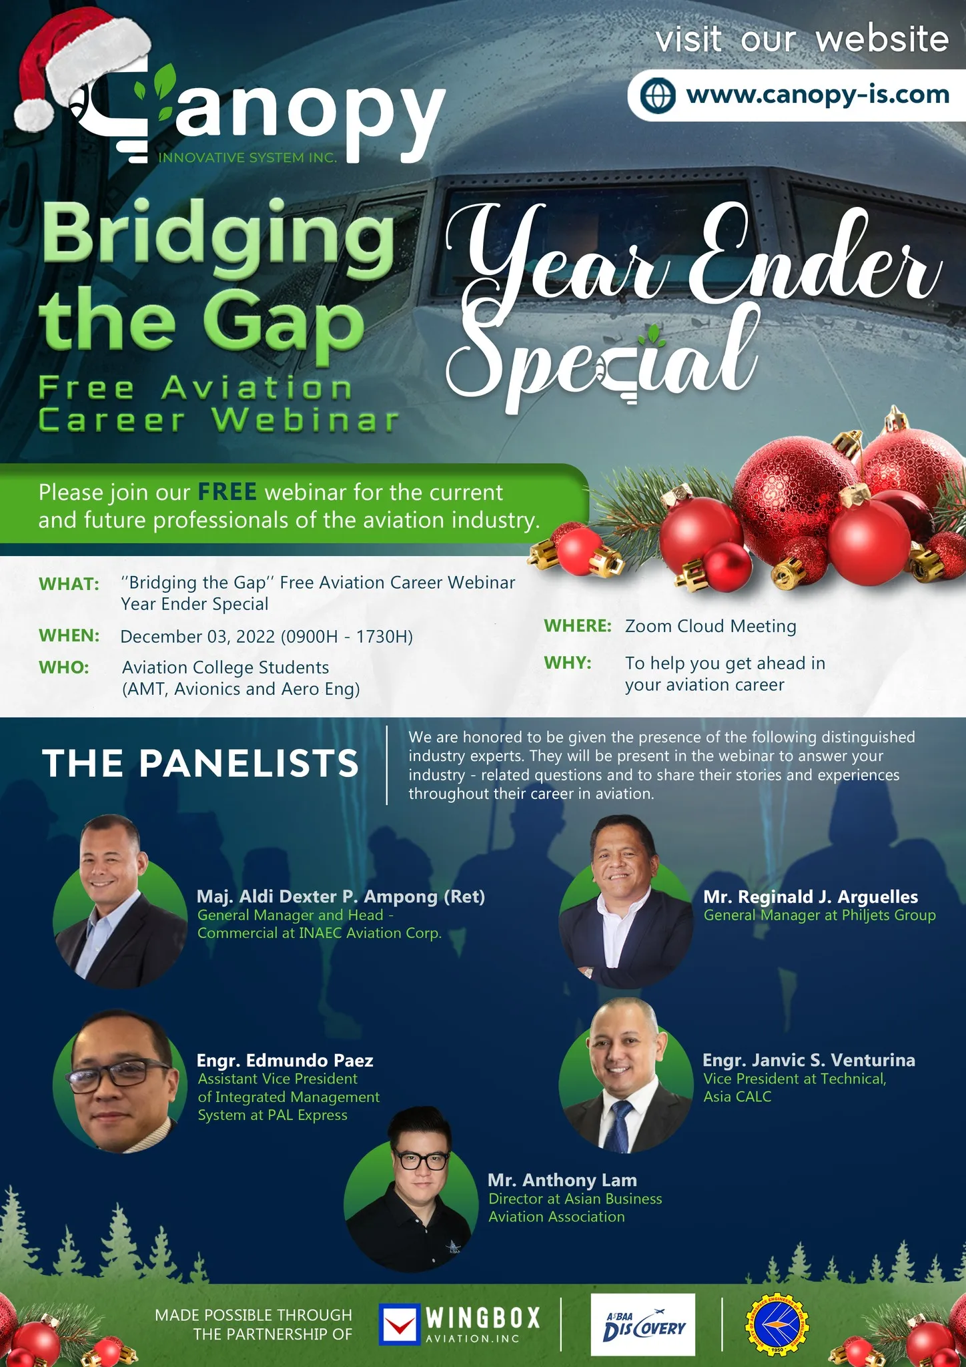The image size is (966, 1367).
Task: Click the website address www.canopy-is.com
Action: pyautogui.click(x=818, y=95)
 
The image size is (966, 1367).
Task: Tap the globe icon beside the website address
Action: pyautogui.click(x=658, y=95)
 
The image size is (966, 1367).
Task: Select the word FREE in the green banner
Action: pyautogui.click(x=227, y=492)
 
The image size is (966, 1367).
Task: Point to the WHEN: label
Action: pyautogui.click(x=69, y=635)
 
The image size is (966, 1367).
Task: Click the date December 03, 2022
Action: pyautogui.click(x=197, y=636)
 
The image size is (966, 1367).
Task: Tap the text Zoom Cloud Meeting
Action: pyautogui.click(x=710, y=626)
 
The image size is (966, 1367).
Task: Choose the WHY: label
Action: pyautogui.click(x=568, y=663)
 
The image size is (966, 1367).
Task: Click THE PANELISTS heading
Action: pyautogui.click(x=201, y=763)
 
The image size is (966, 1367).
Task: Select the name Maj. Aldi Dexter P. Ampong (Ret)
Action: pyautogui.click(x=341, y=896)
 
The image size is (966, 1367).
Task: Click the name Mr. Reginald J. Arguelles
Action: pyautogui.click(x=811, y=896)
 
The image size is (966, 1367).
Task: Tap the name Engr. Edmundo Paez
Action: pyautogui.click(x=285, y=1060)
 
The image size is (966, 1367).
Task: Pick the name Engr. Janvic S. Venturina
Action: pyautogui.click(x=809, y=1060)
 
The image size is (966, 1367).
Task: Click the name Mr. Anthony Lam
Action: pyautogui.click(x=562, y=1180)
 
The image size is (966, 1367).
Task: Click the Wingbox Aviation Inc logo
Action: pyautogui.click(x=460, y=1324)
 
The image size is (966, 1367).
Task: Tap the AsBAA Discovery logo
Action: pyautogui.click(x=642, y=1324)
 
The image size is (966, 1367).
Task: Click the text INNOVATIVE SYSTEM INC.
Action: pyautogui.click(x=248, y=158)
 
